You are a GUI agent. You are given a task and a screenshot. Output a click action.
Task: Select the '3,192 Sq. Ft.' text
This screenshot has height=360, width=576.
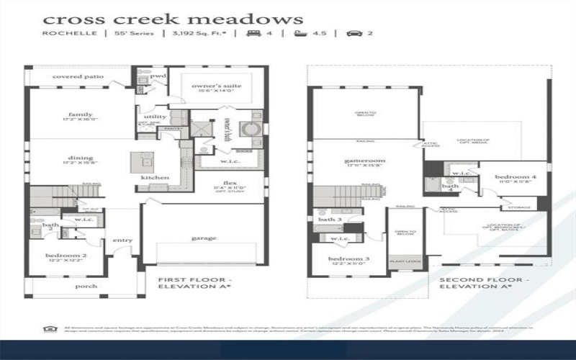[194, 34]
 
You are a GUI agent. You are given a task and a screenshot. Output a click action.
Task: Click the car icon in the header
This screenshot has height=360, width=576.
[351, 34]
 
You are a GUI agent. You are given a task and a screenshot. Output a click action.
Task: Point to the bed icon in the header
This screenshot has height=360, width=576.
[254, 34]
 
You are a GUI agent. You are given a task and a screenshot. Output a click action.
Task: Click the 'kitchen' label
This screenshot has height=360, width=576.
[155, 178]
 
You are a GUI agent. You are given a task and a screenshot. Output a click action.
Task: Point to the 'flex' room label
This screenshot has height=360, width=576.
[229, 183]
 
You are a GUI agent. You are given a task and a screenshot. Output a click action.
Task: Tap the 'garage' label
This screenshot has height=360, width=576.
[204, 238]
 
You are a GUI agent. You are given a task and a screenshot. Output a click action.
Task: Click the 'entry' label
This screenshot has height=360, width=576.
[122, 240]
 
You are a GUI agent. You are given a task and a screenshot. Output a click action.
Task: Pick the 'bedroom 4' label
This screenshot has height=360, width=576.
[516, 176]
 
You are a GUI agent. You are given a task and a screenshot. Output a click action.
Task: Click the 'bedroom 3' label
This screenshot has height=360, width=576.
[348, 259]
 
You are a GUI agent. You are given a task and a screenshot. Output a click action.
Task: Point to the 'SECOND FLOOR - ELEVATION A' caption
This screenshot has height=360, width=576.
[485, 282]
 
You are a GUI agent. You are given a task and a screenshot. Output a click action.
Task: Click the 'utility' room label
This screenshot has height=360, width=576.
[155, 117]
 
